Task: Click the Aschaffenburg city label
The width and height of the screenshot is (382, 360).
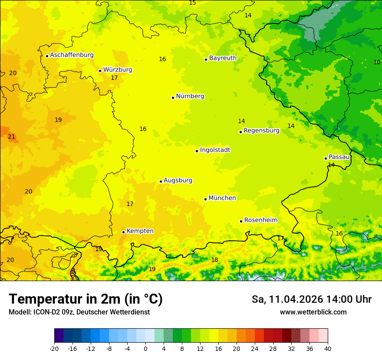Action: pyautogui.click(x=72, y=55)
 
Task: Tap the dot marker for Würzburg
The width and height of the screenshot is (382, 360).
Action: pyautogui.click(x=100, y=71)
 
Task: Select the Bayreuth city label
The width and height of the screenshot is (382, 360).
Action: pyautogui.click(x=223, y=58)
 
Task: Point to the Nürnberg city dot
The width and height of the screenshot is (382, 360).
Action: pyautogui.click(x=173, y=98)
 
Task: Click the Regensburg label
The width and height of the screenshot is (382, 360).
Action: pyautogui.click(x=261, y=131)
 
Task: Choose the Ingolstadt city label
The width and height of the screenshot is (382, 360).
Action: pyautogui.click(x=215, y=150)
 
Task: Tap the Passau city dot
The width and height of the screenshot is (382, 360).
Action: pyautogui.click(x=326, y=158)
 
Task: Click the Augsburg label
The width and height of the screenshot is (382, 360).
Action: pyautogui.click(x=178, y=180)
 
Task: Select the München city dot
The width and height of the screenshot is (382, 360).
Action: pyautogui.click(x=205, y=199)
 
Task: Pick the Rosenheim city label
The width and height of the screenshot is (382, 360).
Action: pyautogui.click(x=260, y=220)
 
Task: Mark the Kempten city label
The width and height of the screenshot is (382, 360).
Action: pyautogui.click(x=140, y=231)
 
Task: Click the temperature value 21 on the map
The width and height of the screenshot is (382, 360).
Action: pyautogui.click(x=11, y=137)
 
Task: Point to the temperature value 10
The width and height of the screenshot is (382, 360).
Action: pyautogui.click(x=377, y=62)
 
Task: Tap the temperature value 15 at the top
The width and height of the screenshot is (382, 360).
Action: pyautogui.click(x=192, y=3)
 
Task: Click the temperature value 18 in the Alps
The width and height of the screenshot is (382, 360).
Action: pyautogui.click(x=214, y=260)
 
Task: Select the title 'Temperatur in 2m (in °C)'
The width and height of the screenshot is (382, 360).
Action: pyautogui.click(x=86, y=299)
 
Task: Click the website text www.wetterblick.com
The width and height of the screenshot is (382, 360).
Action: pyautogui.click(x=313, y=312)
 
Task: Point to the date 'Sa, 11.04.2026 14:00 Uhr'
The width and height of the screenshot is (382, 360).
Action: pyautogui.click(x=311, y=299)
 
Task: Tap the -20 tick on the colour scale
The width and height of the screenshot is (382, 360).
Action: pyautogui.click(x=54, y=348)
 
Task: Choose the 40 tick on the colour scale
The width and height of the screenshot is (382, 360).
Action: pyautogui.click(x=327, y=348)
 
